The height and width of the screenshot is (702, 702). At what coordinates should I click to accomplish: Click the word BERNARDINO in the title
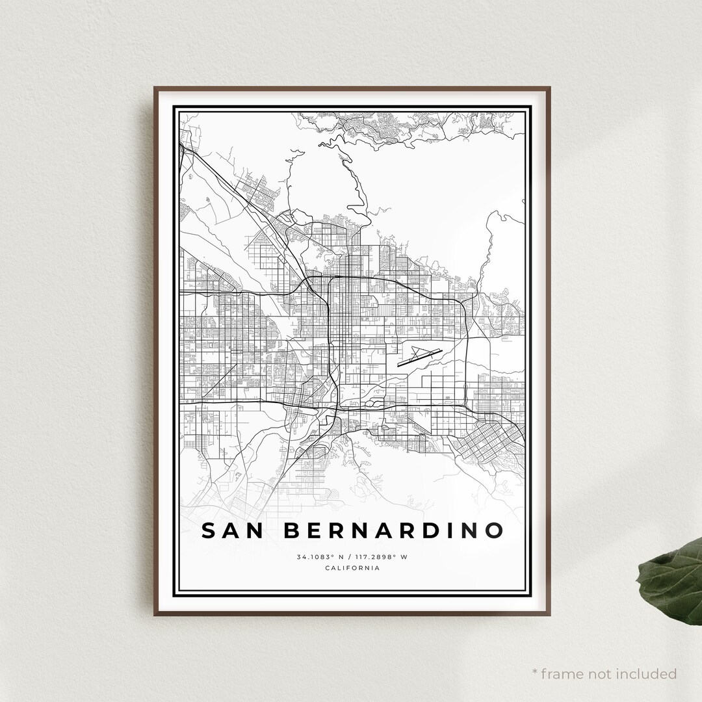394,530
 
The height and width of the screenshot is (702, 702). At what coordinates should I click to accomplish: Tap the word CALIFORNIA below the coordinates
352,568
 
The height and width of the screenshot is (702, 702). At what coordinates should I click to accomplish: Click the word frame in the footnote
564,673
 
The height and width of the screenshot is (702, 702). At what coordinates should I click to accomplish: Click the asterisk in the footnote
535,672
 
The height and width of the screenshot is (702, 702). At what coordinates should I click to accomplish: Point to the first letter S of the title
209,530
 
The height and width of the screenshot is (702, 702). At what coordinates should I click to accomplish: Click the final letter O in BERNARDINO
495,530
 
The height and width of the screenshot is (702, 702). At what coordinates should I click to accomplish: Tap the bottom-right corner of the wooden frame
550,614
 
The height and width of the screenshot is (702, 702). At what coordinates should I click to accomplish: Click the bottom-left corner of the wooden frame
155,614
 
